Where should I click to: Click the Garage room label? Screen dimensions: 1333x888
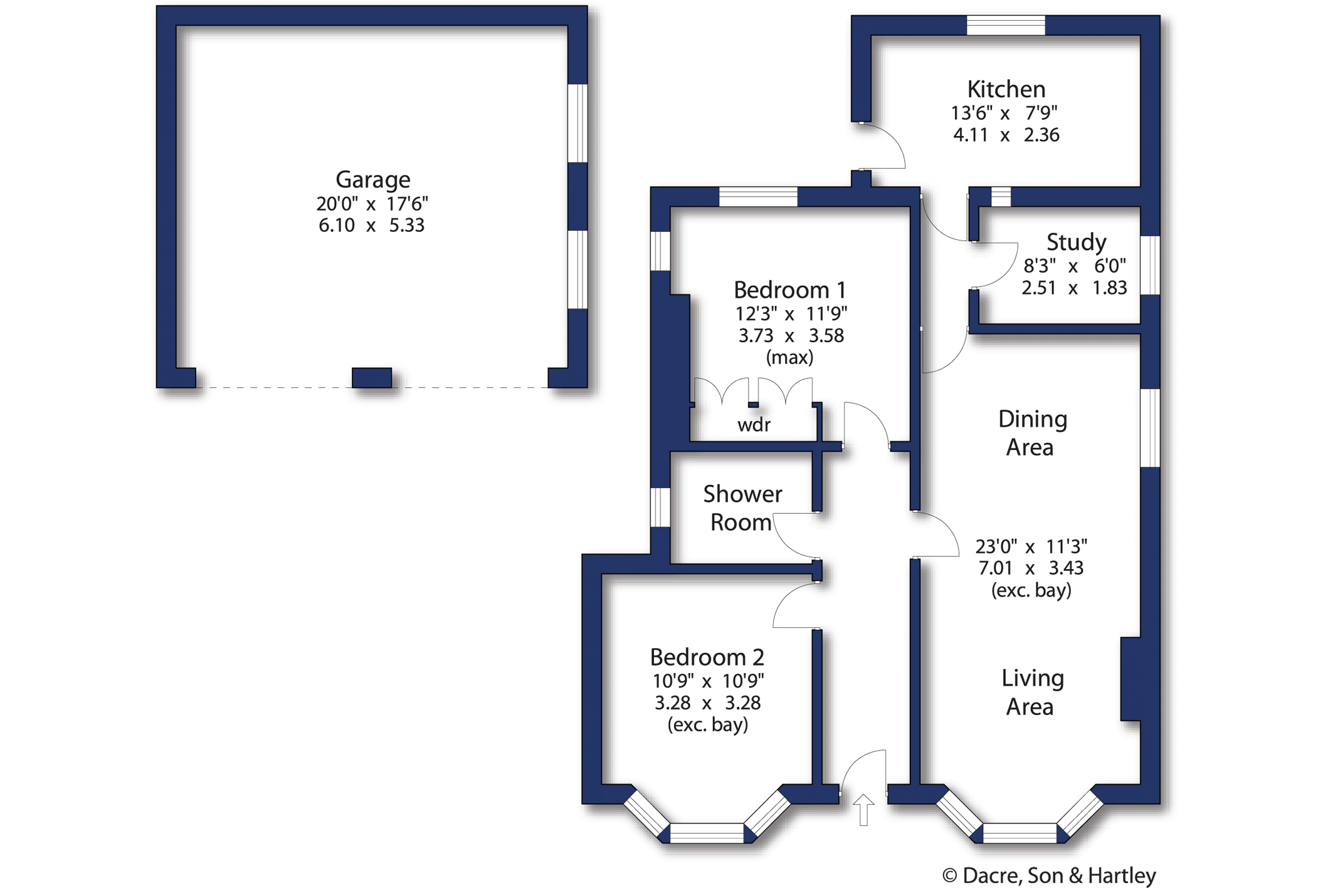pyautogui.click(x=373, y=180)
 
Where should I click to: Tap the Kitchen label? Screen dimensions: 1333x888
pyautogui.click(x=1006, y=89)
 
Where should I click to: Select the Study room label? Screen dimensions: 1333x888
pyautogui.click(x=1077, y=242)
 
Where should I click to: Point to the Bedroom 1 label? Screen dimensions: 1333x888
pyautogui.click(x=790, y=290)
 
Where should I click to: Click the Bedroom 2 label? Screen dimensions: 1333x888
pyautogui.click(x=707, y=657)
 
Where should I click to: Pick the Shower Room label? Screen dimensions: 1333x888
pyautogui.click(x=742, y=508)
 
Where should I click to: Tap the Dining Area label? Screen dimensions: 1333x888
pyautogui.click(x=1032, y=433)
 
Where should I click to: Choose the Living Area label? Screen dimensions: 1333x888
pyautogui.click(x=1032, y=692)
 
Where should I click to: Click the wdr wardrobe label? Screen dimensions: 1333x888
pyautogui.click(x=754, y=426)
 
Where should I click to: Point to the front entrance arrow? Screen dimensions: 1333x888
pyautogui.click(x=863, y=810)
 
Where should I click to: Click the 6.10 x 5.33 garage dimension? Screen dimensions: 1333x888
pyautogui.click(x=371, y=225)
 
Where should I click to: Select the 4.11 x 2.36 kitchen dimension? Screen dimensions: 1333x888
pyautogui.click(x=1006, y=135)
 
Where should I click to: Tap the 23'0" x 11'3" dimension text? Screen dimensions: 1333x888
pyautogui.click(x=1031, y=546)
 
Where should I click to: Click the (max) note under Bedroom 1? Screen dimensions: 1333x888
pyautogui.click(x=789, y=358)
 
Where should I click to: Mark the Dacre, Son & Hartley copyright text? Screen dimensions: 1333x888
pyautogui.click(x=1049, y=875)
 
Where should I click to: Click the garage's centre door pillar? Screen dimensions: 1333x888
pyautogui.click(x=372, y=378)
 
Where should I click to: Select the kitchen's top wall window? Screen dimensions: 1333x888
pyautogui.click(x=1006, y=25)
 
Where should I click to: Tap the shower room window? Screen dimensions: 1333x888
pyautogui.click(x=660, y=507)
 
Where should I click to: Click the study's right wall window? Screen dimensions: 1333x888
pyautogui.click(x=1150, y=265)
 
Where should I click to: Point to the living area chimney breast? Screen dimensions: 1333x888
pyautogui.click(x=1130, y=679)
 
